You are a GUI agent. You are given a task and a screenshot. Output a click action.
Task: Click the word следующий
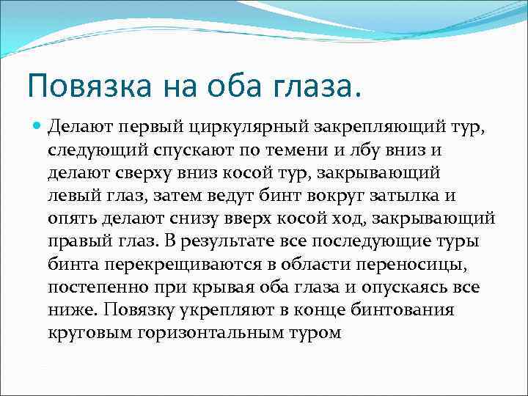pos(92,151)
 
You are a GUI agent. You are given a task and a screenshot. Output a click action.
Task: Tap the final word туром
pos(315,333)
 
